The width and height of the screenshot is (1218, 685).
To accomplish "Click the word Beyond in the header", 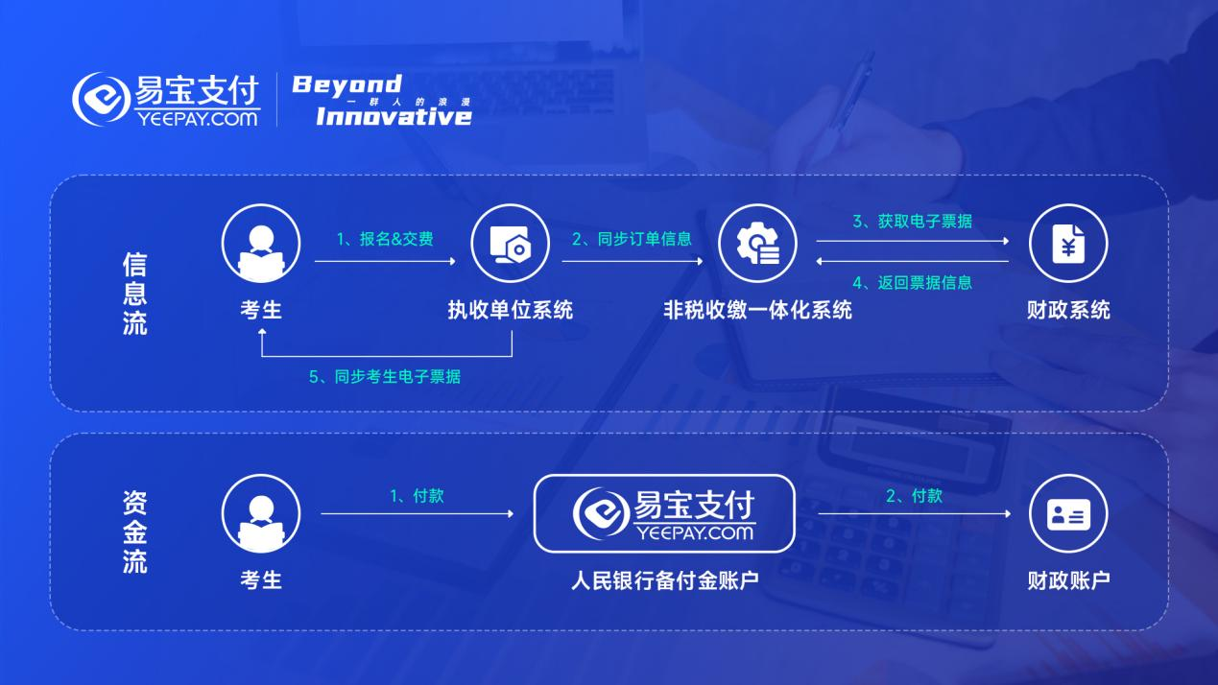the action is (346, 85).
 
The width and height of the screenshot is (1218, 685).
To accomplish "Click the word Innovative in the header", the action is (394, 116).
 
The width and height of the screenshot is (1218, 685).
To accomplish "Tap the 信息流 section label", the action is (134, 294).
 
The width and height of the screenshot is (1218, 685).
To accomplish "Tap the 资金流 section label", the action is (134, 531).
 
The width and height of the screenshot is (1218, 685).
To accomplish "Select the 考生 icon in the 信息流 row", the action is (261, 244).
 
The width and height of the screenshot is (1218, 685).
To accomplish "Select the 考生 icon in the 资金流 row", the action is (261, 514).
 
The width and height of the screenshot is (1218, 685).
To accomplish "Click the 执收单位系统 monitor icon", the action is (510, 244).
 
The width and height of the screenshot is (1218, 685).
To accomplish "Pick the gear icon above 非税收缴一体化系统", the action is (757, 244).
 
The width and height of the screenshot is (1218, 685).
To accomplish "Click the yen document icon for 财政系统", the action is (1068, 244).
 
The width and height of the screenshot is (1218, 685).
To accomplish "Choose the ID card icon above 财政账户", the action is (1068, 514).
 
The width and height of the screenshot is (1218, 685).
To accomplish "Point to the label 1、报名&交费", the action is (385, 239).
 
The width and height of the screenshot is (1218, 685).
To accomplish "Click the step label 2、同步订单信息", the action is (632, 239).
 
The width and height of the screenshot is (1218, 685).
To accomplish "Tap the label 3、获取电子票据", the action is (913, 222).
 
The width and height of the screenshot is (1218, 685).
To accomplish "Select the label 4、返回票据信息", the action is (913, 283).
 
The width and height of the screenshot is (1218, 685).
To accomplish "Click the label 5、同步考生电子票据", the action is (385, 377).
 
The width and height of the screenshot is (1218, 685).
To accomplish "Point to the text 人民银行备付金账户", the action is (665, 580).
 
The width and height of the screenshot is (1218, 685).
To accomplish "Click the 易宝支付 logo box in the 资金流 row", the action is (664, 514).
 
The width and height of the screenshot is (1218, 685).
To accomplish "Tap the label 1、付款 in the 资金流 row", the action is (418, 496).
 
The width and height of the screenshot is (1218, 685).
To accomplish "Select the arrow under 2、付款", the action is (915, 513).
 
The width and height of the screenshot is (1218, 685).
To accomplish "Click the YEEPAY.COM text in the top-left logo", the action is (197, 119).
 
